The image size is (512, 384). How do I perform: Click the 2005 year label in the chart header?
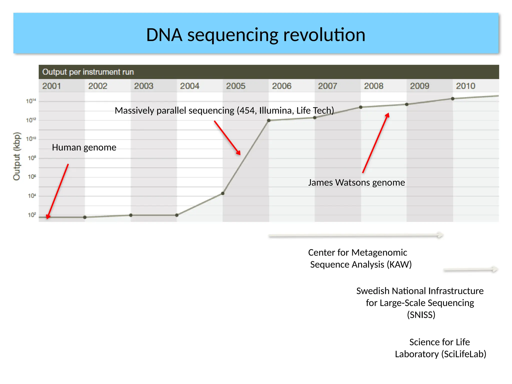(235, 86)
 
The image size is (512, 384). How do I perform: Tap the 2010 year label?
(465, 86)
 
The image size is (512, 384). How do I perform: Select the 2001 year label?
(51, 86)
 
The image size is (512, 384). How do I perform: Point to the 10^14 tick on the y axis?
(31, 101)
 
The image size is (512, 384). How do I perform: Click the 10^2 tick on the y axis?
(32, 215)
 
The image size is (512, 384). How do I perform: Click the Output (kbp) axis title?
(17, 156)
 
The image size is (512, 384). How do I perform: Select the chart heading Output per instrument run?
(88, 72)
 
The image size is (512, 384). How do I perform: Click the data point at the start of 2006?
(269, 120)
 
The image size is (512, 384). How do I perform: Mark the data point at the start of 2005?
(223, 193)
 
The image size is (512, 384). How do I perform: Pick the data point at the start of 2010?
(453, 99)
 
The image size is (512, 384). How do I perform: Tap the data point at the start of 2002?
(85, 217)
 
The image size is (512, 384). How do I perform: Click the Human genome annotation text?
(84, 147)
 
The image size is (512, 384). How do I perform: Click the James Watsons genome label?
(356, 182)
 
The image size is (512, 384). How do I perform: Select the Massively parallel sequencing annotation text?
(224, 110)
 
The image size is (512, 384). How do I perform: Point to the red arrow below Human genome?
(57, 191)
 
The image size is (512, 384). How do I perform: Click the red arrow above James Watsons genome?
(375, 143)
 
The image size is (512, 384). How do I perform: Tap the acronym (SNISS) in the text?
(421, 315)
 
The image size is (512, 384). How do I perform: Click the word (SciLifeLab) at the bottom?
(464, 354)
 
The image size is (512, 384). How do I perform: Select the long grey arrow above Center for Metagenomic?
(355, 235)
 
